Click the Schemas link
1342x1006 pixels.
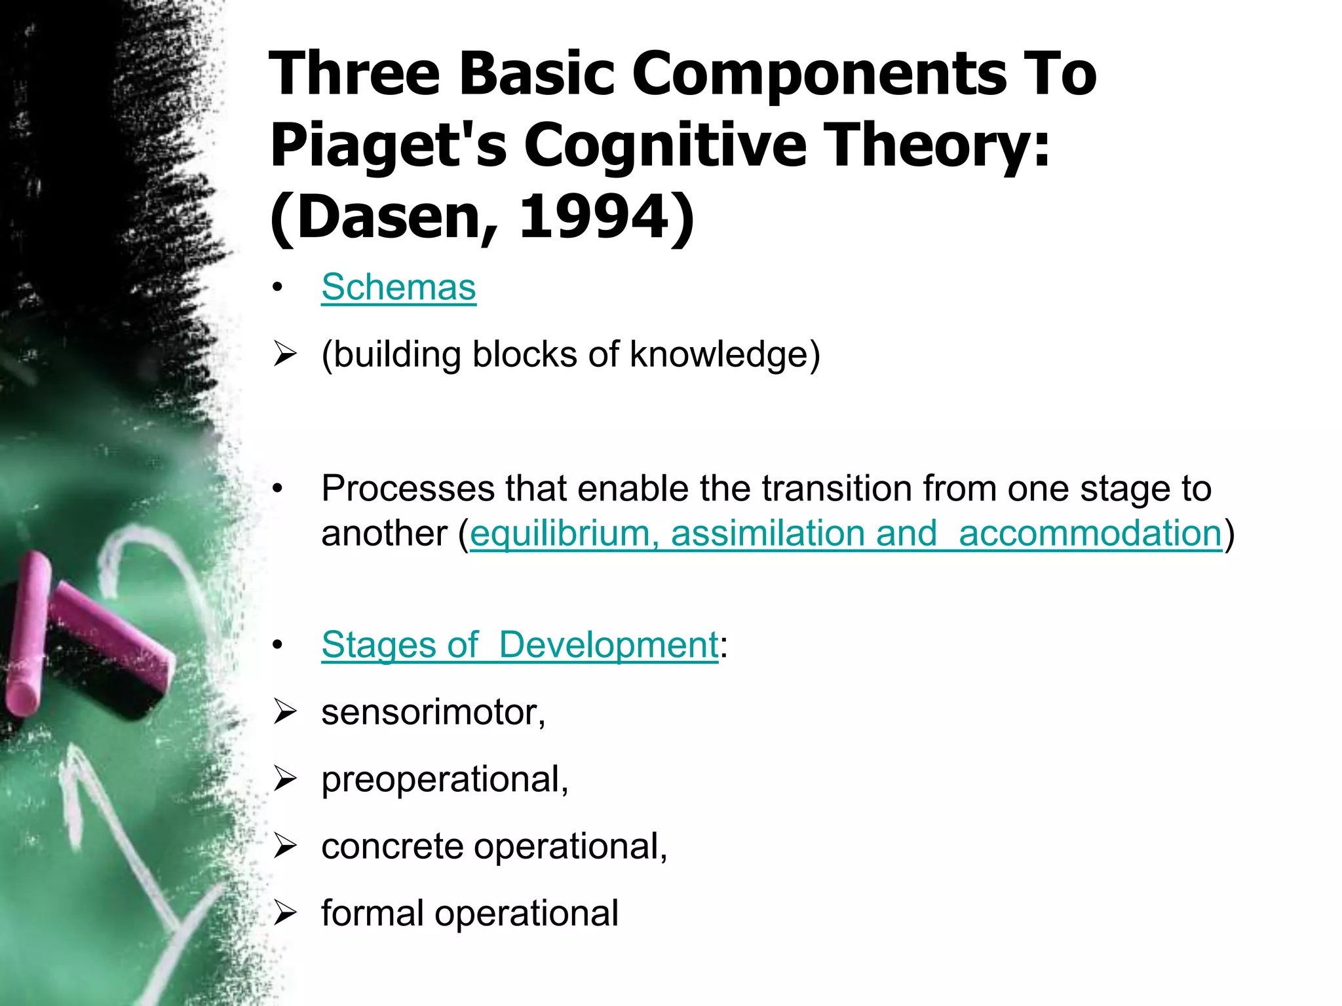click(x=398, y=288)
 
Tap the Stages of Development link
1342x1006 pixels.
click(x=520, y=644)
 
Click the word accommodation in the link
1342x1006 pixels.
click(x=1090, y=533)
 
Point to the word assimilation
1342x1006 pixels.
click(x=770, y=533)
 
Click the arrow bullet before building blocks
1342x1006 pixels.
click(x=285, y=354)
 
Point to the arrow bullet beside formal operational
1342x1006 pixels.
click(x=285, y=912)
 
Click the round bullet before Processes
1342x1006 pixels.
click(x=278, y=489)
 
